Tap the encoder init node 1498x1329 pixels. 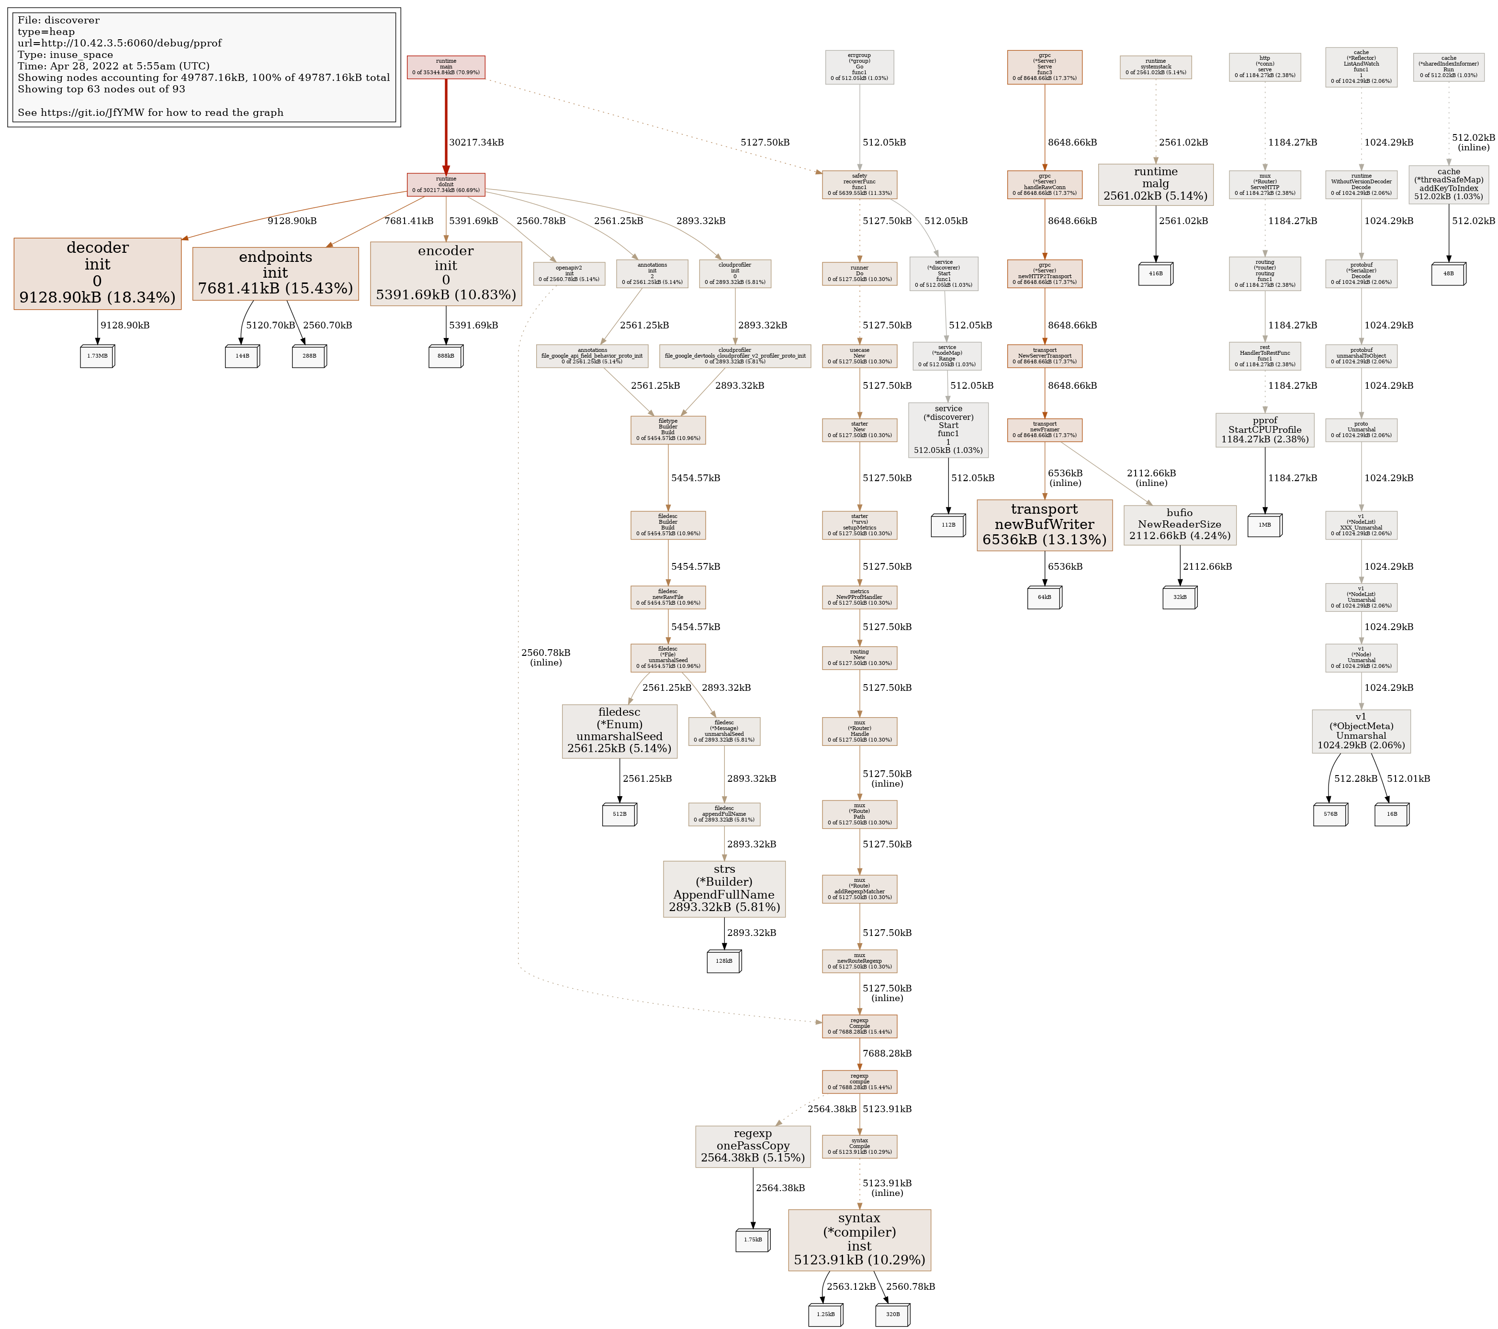(x=446, y=273)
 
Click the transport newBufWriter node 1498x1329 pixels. (x=1044, y=525)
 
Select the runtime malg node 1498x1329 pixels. (x=1155, y=184)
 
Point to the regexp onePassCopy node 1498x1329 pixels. (x=753, y=1146)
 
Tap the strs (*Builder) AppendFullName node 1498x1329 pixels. (x=724, y=889)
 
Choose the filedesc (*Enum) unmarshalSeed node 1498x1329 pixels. (x=619, y=731)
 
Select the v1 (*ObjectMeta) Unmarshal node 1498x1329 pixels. (x=1361, y=731)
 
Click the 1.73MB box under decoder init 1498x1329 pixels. (x=98, y=356)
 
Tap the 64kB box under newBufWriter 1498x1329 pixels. (x=1044, y=597)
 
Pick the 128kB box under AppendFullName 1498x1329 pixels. (x=724, y=961)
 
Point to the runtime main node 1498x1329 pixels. (x=446, y=67)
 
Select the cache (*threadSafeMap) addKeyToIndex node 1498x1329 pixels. (x=1448, y=184)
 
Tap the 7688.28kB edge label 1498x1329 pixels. (x=887, y=1053)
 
